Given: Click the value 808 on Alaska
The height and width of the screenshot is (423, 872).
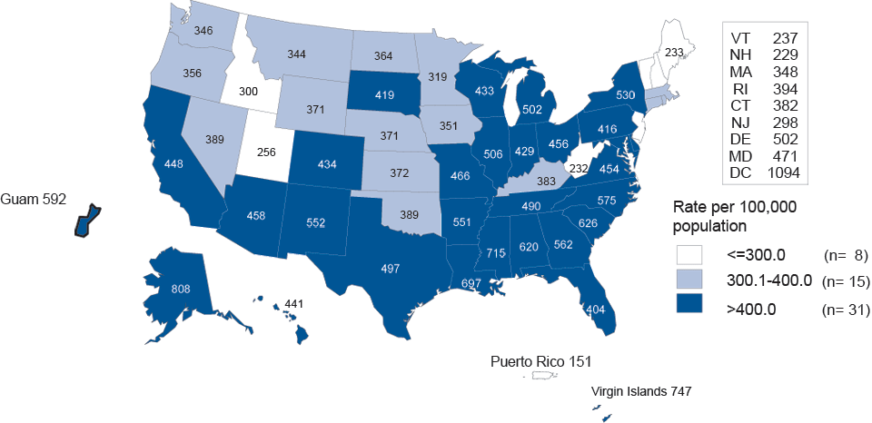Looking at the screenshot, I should coord(181,290).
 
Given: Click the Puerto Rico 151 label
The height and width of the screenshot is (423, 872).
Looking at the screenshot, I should coord(541,361).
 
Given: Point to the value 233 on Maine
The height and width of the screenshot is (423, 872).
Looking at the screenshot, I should coord(674,53).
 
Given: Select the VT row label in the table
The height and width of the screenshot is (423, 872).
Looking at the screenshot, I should coord(740,37).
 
